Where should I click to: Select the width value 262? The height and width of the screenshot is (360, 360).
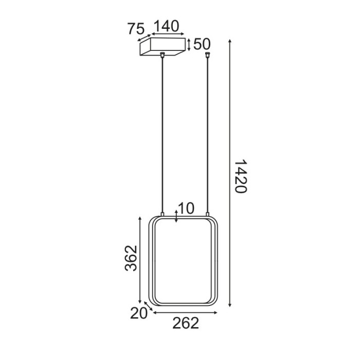coord(185,323)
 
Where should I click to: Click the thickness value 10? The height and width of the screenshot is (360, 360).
coord(186,208)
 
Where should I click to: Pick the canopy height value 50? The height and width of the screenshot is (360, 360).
coord(202,44)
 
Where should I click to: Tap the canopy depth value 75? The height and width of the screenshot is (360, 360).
coord(135,29)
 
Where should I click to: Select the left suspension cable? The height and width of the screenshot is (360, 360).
coord(163,134)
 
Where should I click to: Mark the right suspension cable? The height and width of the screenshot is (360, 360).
coord(208,134)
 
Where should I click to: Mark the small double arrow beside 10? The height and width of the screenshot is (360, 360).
coord(176,215)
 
